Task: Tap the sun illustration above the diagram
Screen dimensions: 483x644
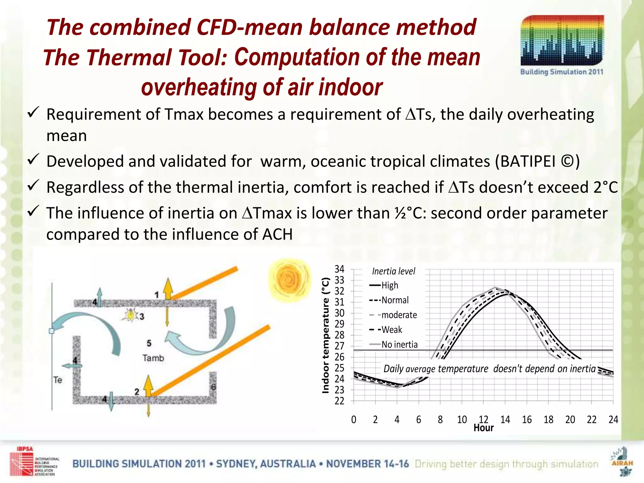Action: (x=288, y=280)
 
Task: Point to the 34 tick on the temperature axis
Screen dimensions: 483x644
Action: (x=339, y=269)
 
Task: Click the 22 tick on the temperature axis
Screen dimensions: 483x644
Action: (x=339, y=401)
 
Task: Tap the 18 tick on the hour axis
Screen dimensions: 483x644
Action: (x=548, y=419)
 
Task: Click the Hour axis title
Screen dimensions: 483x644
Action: (x=483, y=428)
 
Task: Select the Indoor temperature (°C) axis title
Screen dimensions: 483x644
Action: (x=326, y=335)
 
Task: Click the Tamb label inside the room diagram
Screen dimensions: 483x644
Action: (x=153, y=358)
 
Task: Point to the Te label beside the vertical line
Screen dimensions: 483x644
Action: (x=58, y=380)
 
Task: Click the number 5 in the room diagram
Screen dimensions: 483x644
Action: (x=149, y=343)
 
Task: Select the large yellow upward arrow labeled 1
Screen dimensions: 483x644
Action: (x=168, y=289)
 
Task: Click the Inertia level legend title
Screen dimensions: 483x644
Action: (x=393, y=271)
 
